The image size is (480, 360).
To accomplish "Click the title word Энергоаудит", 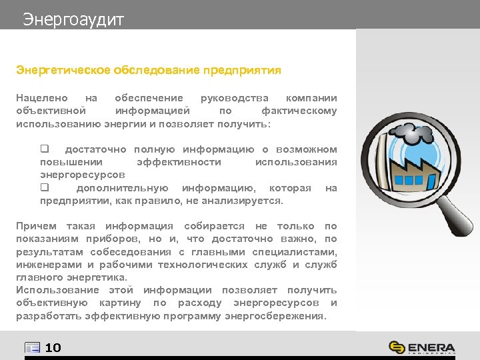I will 73,20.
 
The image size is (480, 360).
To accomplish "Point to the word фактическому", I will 299,111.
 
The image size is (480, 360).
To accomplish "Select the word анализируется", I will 248,201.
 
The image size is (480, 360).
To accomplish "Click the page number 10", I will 53,347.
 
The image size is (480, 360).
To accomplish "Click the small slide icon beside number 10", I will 33,347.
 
